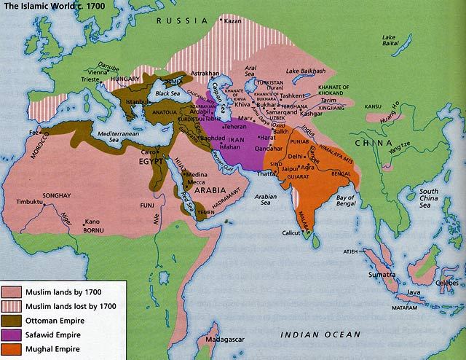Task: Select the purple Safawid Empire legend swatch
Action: tap(14, 333)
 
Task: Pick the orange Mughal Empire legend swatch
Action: tap(14, 349)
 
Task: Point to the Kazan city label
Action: tap(232, 20)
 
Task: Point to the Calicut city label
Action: tap(293, 233)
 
